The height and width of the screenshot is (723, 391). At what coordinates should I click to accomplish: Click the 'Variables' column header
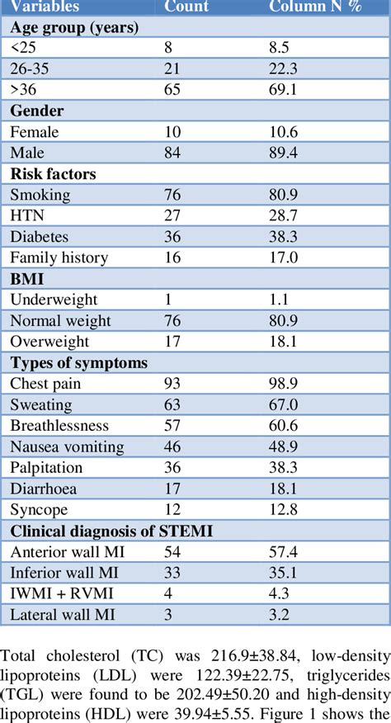45,7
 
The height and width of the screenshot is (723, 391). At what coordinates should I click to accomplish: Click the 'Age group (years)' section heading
73,26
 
